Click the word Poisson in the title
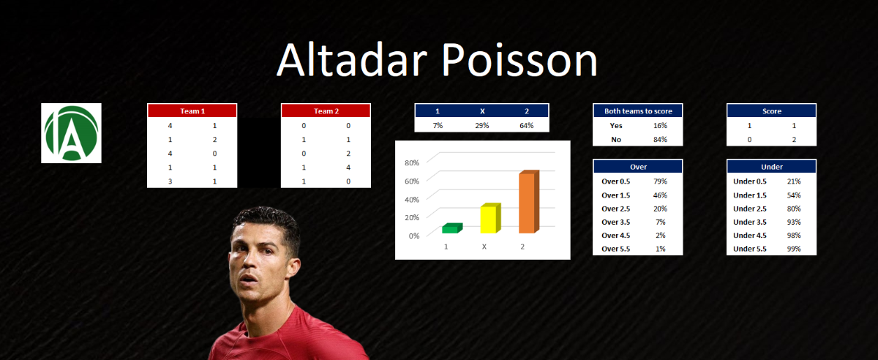pos(519,61)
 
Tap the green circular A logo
pos(72,133)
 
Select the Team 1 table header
pos(192,111)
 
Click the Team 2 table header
pos(326,111)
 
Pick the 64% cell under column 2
pos(526,126)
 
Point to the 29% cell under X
pos(482,126)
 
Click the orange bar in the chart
pos(529,202)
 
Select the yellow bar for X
pos(491,219)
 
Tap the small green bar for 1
pos(452,228)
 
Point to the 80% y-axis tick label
pos(412,162)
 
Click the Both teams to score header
pos(638,111)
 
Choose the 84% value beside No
pos(660,139)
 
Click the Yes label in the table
pos(616,126)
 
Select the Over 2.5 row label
pos(616,209)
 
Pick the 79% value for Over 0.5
pos(660,181)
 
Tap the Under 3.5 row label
pos(750,222)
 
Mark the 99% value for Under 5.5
pos(794,249)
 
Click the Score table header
pos(772,111)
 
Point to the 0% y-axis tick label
pos(414,236)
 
